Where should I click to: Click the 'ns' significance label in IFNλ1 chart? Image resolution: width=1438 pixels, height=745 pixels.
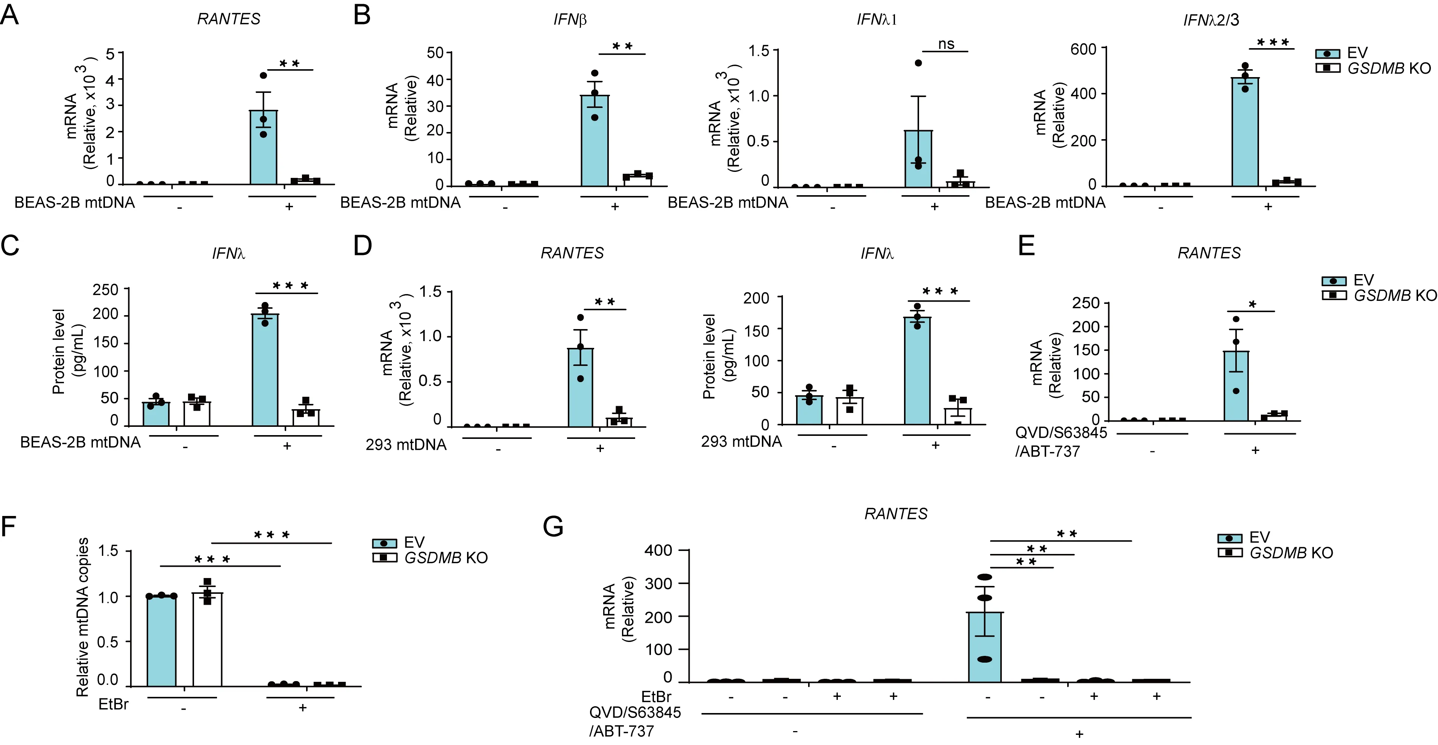[x=946, y=44]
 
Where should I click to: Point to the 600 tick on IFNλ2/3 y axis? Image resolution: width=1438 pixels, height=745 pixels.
[x=1083, y=49]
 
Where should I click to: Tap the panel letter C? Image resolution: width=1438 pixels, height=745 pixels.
[x=10, y=246]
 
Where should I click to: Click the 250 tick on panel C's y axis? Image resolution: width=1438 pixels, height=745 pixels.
[x=106, y=290]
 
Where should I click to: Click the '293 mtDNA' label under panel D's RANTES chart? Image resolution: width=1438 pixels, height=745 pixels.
[x=406, y=445]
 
